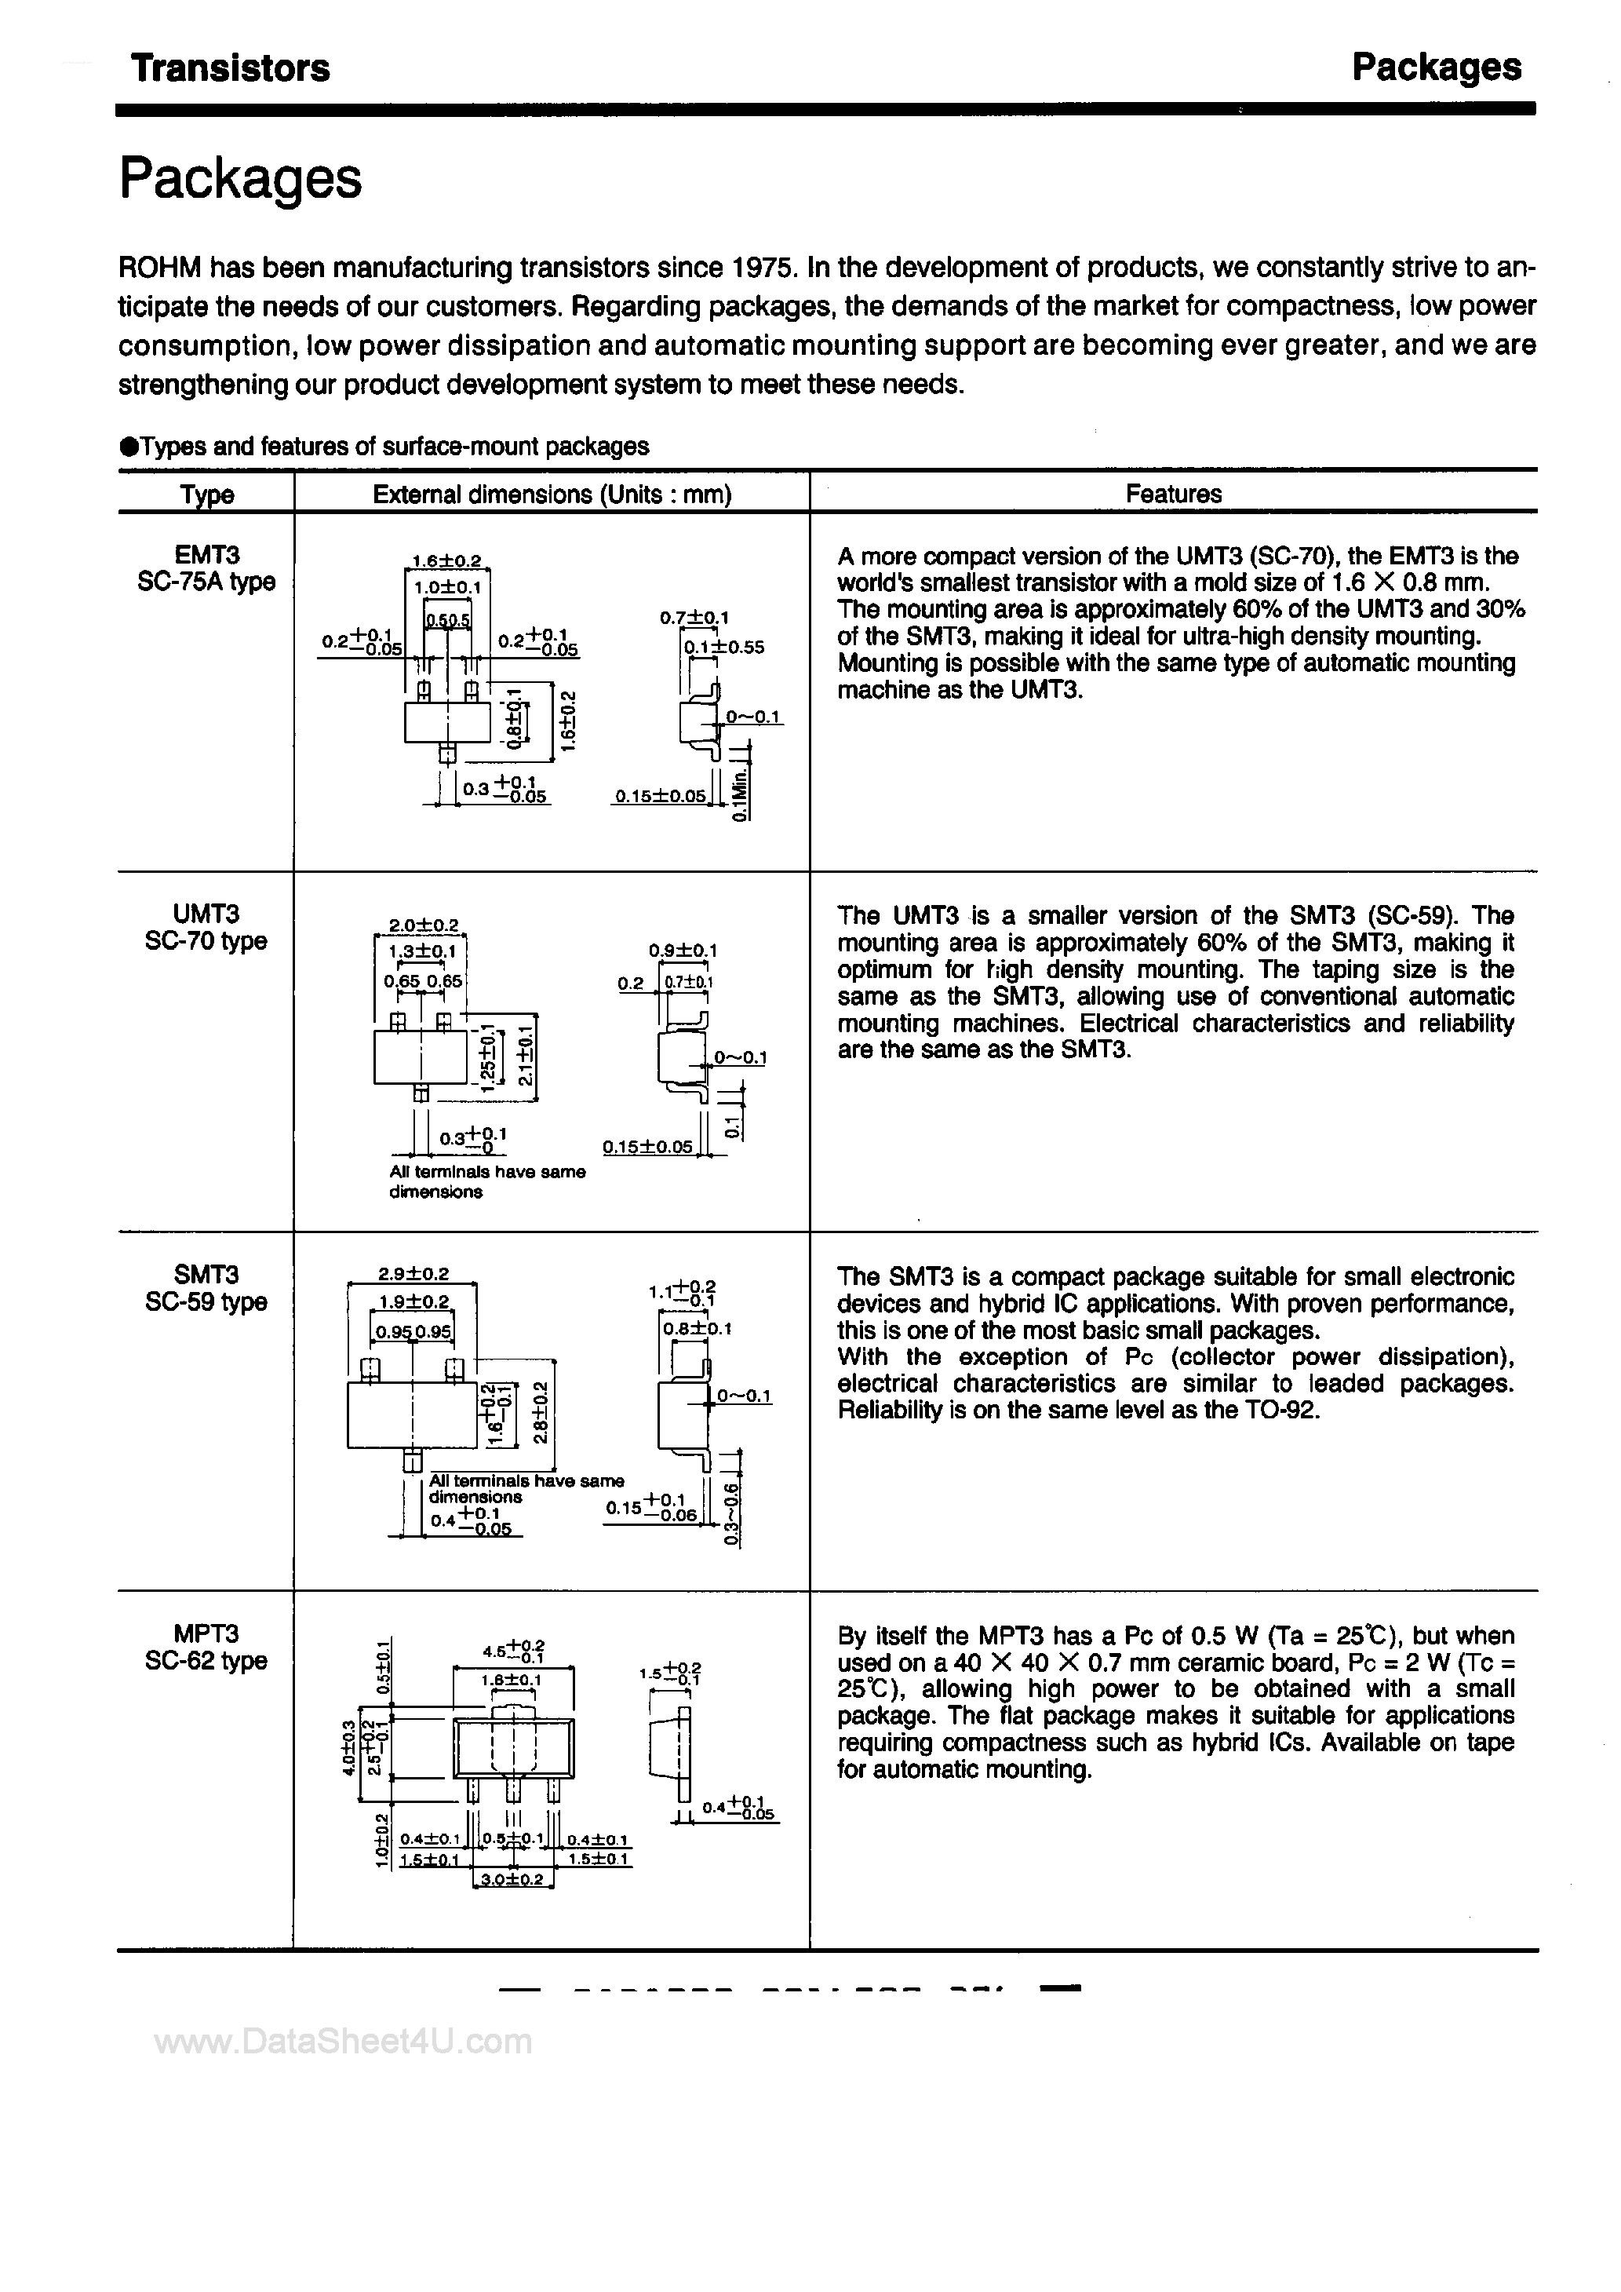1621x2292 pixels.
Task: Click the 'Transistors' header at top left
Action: click(x=231, y=68)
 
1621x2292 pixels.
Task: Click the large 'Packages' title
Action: click(x=239, y=180)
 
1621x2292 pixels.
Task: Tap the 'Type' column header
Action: click(x=206, y=495)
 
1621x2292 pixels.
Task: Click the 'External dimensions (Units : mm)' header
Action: click(x=552, y=495)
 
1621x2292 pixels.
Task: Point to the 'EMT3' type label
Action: click(x=206, y=554)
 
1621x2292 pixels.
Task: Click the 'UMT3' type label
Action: click(x=206, y=914)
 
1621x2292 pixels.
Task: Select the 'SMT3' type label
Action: click(x=206, y=1275)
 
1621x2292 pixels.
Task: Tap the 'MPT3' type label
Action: click(x=206, y=1634)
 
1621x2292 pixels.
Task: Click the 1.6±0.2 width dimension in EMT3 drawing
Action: click(x=447, y=562)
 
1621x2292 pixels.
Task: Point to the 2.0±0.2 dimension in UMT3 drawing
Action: click(x=422, y=925)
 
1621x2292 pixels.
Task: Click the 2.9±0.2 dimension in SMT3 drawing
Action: click(x=413, y=1275)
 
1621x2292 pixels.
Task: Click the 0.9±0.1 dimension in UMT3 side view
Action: click(x=683, y=951)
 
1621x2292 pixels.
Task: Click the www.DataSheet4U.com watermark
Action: click(x=344, y=2042)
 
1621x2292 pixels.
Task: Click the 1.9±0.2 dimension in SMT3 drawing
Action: click(x=414, y=1301)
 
